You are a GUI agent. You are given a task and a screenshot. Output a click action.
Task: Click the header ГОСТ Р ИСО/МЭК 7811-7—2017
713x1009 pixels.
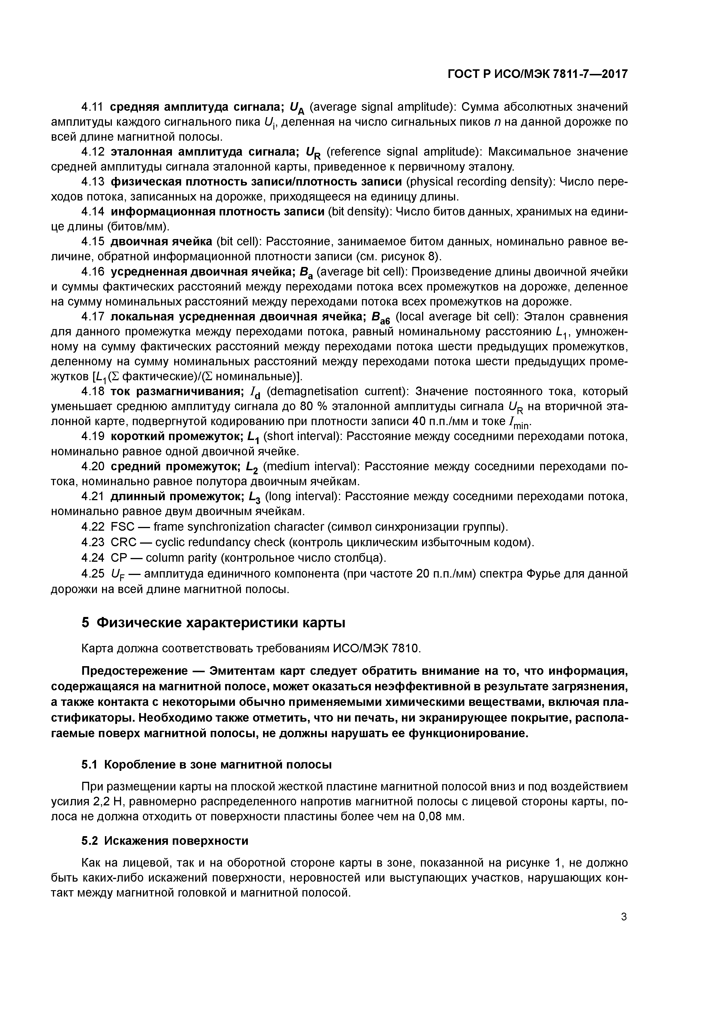point(537,74)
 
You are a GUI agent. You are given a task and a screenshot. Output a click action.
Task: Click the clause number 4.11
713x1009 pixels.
point(92,107)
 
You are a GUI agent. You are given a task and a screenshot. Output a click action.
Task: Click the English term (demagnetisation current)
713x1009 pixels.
point(338,391)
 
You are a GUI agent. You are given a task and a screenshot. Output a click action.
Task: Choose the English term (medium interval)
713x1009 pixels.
point(309,466)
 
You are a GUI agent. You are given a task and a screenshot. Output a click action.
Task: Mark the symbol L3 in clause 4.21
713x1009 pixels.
point(254,497)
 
